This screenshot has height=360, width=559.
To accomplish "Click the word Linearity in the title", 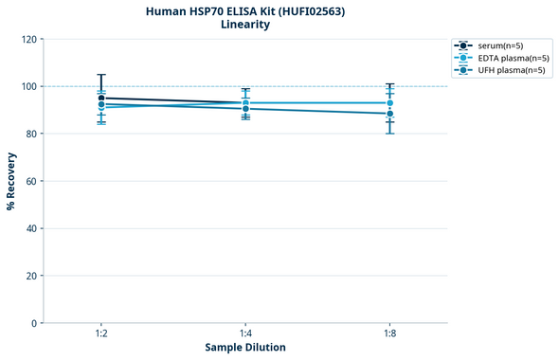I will (x=244, y=25).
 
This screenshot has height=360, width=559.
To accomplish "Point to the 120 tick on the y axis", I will (x=28, y=39).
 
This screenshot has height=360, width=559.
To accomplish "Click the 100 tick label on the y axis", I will (x=28, y=86).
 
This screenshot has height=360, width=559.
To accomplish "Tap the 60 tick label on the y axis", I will (x=31, y=181).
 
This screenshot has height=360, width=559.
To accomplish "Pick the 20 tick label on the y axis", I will (x=31, y=276).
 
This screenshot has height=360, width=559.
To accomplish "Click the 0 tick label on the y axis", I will (x=34, y=323).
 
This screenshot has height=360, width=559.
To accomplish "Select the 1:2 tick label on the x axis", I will (x=101, y=334).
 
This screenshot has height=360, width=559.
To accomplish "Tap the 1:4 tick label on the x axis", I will (x=245, y=334).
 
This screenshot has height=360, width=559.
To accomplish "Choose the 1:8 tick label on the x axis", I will (x=389, y=334).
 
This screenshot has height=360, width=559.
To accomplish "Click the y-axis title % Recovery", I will (x=11, y=181).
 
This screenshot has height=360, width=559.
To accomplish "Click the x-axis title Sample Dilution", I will (x=245, y=348).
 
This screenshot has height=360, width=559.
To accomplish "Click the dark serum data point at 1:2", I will (x=101, y=98).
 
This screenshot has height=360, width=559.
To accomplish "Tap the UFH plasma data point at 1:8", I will (x=389, y=114).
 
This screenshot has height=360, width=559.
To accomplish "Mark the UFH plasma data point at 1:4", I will (x=245, y=109).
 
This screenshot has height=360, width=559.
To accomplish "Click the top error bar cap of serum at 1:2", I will (x=101, y=74).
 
